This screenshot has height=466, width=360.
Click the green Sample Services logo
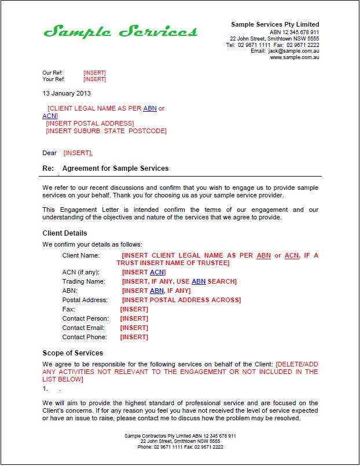120,31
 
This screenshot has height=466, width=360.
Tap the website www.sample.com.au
295,57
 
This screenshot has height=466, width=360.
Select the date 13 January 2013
67,93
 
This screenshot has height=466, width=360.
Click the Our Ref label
52,73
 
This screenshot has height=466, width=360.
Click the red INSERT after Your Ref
94,79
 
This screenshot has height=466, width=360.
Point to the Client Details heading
65,233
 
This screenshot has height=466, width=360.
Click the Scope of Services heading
73,353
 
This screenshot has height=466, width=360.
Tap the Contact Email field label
84,328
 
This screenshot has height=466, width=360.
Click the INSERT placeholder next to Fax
134,309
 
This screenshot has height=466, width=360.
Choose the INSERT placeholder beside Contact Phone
134,337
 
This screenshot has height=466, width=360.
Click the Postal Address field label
85,300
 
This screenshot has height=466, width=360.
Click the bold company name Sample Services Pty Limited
275,24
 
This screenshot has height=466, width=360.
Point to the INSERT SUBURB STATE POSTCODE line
106,131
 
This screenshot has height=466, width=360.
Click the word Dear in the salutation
50,153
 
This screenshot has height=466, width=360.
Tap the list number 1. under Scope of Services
46,389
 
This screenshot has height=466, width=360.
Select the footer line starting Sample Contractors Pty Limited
180,435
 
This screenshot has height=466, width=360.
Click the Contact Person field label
86,318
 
